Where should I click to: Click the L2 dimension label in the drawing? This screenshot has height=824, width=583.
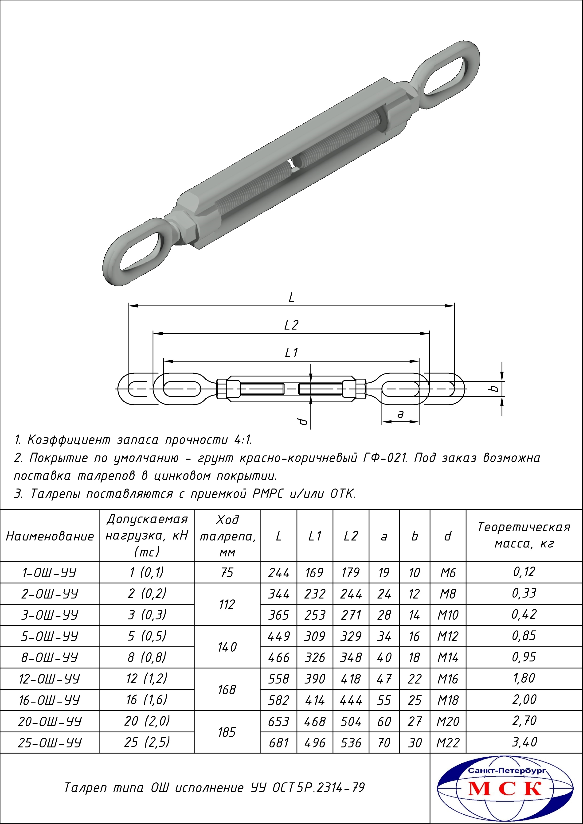pos(291,325)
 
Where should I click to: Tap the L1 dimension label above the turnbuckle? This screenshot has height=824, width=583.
pos(291,353)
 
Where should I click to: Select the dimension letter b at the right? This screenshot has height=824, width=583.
pos(494,388)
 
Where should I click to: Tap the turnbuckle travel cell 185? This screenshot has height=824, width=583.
pos(227,732)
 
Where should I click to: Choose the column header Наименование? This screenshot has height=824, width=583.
pos(50,536)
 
